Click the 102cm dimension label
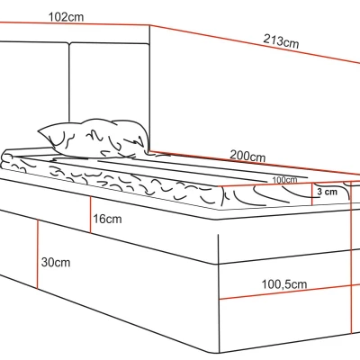click(x=66, y=17)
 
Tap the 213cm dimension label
click(x=281, y=40)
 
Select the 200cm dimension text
click(x=247, y=156)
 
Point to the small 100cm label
click(x=284, y=180)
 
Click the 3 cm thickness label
click(x=327, y=192)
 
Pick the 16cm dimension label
click(x=107, y=219)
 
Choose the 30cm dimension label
click(x=56, y=262)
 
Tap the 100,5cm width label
click(x=284, y=284)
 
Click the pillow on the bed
click(x=94, y=139)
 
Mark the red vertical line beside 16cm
click(x=90, y=215)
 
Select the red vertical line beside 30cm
click(x=38, y=254)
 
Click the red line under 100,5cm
click(x=290, y=292)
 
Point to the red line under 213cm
click(x=255, y=44)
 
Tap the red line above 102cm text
click(x=75, y=23)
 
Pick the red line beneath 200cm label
click(x=255, y=163)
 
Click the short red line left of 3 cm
click(x=312, y=194)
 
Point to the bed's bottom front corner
click(x=220, y=353)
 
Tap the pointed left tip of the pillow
click(x=38, y=131)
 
